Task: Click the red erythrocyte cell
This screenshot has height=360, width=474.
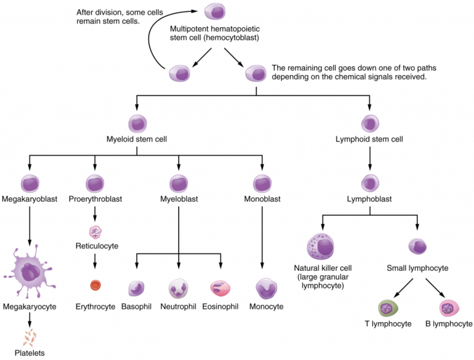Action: pos(95,285)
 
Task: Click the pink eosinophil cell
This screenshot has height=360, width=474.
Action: pos(220,288)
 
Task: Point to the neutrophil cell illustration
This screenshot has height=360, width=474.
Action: pos(178,288)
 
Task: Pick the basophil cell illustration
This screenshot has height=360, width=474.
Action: pos(137,288)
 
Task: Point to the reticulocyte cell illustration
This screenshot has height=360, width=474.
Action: pos(95,231)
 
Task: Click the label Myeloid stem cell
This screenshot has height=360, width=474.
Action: pos(137,139)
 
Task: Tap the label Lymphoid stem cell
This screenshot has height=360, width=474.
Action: pos(369,139)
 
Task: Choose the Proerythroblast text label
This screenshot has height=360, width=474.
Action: pos(95,199)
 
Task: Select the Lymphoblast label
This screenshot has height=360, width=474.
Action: pos(369,199)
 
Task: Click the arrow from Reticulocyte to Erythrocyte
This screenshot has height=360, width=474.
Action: pos(95,262)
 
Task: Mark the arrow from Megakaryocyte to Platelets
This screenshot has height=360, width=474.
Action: pos(30,319)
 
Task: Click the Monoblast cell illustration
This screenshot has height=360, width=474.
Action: pos(262,183)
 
